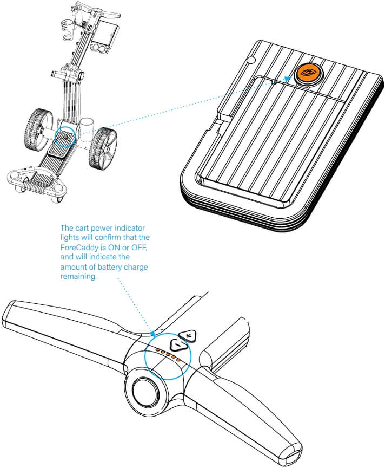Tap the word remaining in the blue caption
pyautogui.click(x=78, y=277)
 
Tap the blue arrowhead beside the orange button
pyautogui.click(x=288, y=79)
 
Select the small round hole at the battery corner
pyautogui.click(x=250, y=60)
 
